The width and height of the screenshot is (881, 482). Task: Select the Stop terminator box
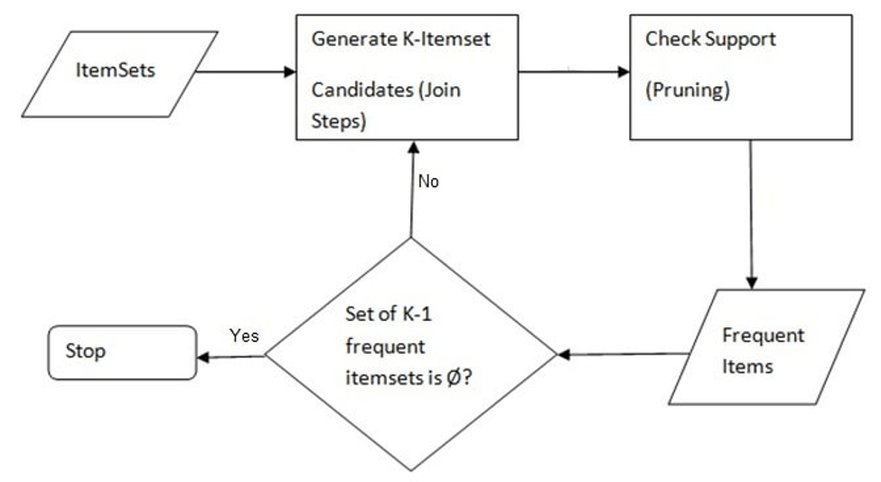(x=122, y=352)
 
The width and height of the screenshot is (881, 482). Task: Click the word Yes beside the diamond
(x=244, y=336)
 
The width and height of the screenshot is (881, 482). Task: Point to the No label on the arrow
(x=428, y=182)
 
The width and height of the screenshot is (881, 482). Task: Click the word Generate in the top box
(x=346, y=40)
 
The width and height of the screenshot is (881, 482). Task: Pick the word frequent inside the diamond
(x=385, y=349)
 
